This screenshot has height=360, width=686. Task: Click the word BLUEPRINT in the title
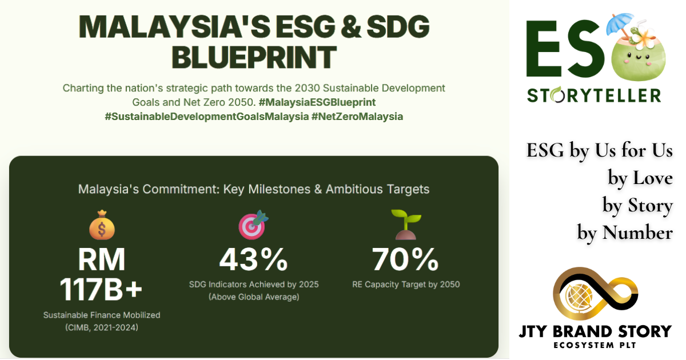[254, 57]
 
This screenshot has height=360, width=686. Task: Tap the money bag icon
[102, 225]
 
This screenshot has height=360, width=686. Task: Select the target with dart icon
[253, 225]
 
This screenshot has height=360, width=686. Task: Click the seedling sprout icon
[406, 225]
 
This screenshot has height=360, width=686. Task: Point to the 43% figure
[254, 259]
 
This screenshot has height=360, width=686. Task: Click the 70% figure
[405, 259]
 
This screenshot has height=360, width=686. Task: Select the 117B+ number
[101, 290]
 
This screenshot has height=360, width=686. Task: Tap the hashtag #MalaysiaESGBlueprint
[317, 102]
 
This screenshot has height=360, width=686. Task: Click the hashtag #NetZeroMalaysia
[357, 117]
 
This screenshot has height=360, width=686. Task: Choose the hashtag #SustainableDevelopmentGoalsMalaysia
[207, 117]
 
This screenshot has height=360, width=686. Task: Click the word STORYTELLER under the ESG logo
[594, 95]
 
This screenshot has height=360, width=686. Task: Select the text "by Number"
[625, 233]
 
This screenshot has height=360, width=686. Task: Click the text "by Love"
[640, 178]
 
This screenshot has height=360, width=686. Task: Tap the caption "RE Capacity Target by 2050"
[406, 285]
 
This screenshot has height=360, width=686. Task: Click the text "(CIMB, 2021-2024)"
[102, 327]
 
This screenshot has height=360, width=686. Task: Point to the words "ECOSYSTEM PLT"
[595, 345]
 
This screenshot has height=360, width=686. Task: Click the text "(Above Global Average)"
[254, 297]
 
